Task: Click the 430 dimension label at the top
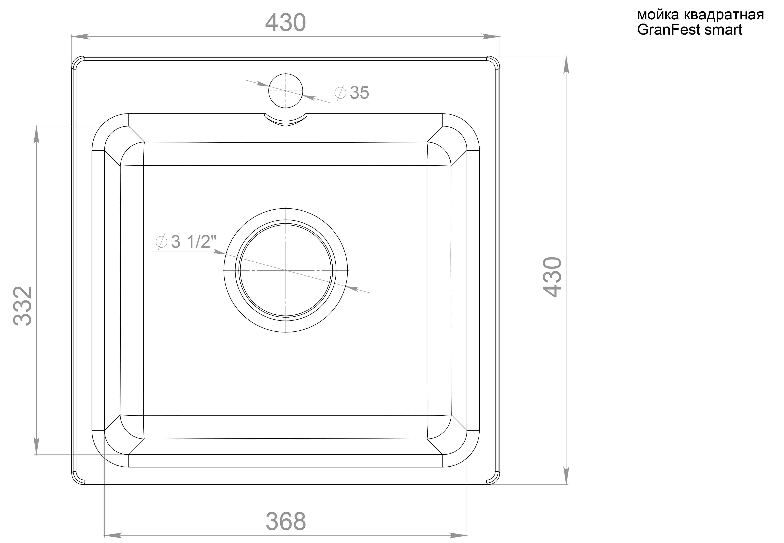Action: coord(286,23)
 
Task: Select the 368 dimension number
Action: coord(286,521)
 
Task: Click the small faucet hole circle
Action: coord(286,91)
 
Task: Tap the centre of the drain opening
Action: coord(286,270)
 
